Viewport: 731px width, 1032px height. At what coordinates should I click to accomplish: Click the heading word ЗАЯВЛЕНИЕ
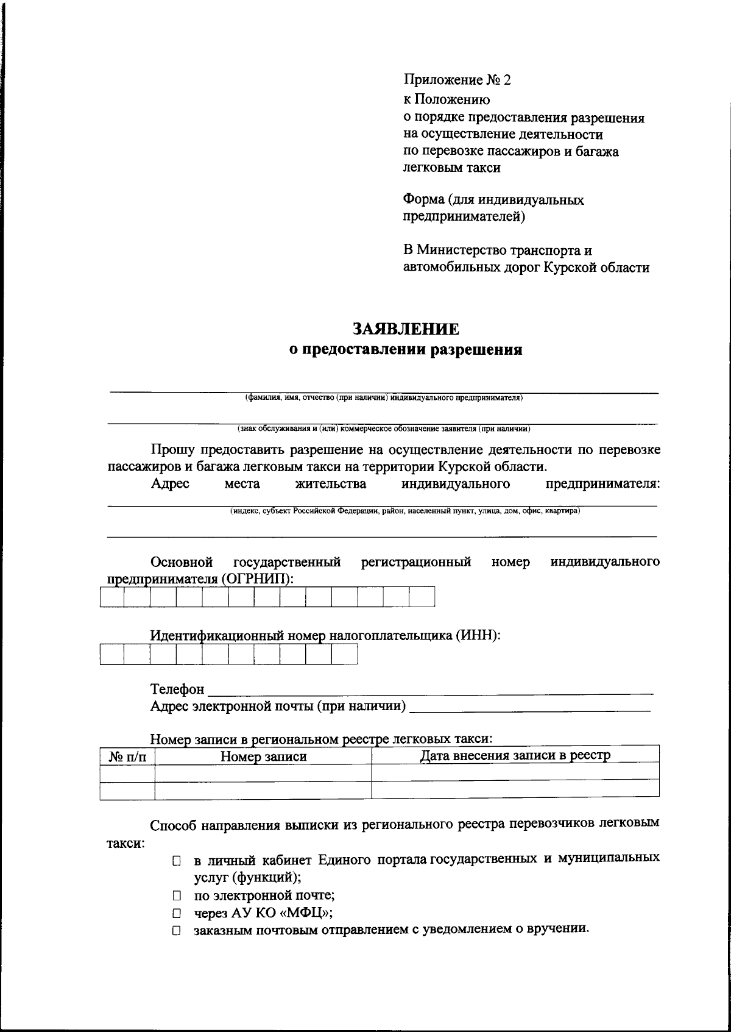point(406,329)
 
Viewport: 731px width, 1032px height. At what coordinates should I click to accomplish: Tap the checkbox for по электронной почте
point(177,896)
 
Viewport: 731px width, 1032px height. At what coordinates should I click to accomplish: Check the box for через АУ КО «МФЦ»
point(177,914)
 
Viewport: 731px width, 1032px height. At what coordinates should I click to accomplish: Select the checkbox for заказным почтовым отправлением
point(177,931)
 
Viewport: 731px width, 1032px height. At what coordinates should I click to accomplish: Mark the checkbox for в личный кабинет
point(177,861)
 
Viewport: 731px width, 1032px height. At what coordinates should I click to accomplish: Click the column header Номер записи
point(263,757)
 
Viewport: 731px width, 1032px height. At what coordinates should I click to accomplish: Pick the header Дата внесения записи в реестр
point(515,756)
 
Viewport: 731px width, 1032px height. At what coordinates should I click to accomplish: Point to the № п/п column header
point(127,757)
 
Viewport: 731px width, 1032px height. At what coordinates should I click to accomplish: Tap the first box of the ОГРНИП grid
point(112,597)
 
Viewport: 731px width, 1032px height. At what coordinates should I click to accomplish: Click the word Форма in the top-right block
point(423,200)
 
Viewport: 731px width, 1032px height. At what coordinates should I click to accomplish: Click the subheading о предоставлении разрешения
point(405,350)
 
